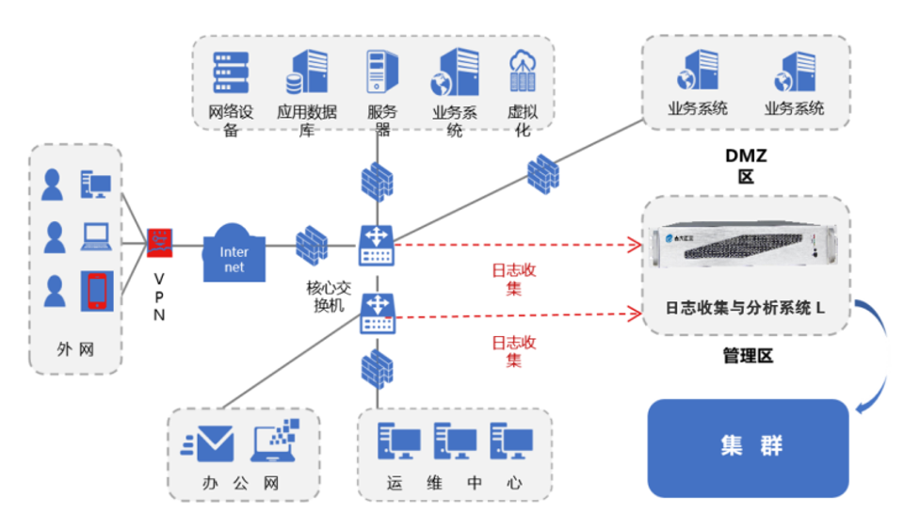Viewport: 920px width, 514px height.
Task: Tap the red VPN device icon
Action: click(159, 244)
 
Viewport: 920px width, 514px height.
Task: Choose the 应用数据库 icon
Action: click(308, 73)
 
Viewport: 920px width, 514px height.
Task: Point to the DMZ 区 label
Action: click(747, 165)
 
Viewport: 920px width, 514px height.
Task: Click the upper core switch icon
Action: click(378, 246)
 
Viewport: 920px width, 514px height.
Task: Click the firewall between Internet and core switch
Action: click(311, 244)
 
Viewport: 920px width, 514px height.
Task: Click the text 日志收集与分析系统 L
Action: click(745, 308)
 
